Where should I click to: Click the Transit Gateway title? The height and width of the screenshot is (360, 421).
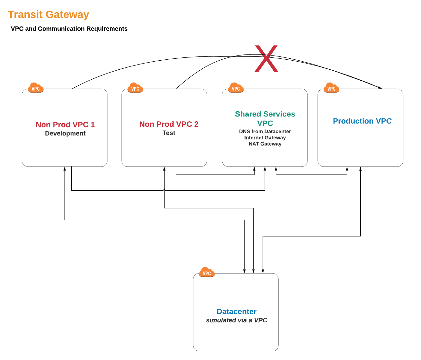click(x=48, y=15)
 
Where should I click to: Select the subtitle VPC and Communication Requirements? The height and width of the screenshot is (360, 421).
click(x=69, y=29)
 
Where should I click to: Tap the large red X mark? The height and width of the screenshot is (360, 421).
click(x=266, y=59)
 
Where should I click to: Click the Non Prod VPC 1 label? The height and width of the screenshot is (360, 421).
click(x=65, y=125)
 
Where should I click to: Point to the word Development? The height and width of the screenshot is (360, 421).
click(x=65, y=134)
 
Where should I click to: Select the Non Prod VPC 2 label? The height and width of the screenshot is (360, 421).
click(x=169, y=124)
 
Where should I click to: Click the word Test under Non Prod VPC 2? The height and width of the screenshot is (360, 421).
click(x=169, y=133)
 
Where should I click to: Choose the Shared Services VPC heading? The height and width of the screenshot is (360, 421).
click(x=265, y=118)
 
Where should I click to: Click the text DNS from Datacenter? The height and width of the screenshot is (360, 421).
click(x=265, y=131)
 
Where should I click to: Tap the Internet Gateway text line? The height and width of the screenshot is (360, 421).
click(x=265, y=138)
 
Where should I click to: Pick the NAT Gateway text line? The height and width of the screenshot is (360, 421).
click(x=265, y=144)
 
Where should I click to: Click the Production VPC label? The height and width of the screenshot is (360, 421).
click(x=362, y=121)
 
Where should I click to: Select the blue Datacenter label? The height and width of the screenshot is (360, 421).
click(x=236, y=312)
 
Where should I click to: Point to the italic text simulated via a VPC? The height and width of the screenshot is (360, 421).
click(x=236, y=320)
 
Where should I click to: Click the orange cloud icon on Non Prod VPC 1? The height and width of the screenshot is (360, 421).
click(x=35, y=88)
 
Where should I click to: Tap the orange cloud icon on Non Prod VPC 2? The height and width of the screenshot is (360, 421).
click(x=135, y=88)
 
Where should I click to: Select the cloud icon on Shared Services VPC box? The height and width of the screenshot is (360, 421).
click(x=236, y=88)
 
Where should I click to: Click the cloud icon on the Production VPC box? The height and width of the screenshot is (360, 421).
click(x=331, y=88)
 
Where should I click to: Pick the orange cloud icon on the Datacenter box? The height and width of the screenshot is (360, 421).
click(x=207, y=272)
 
